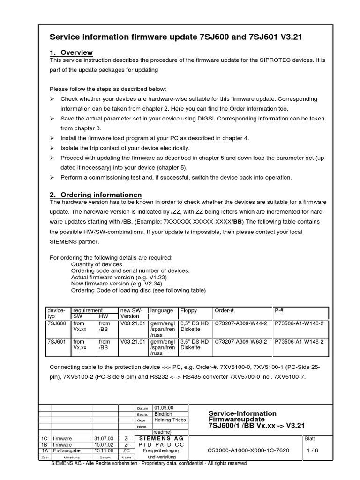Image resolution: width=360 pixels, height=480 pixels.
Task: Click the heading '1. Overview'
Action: pos(71,52)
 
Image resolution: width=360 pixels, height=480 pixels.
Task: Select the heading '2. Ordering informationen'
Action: pos(96,195)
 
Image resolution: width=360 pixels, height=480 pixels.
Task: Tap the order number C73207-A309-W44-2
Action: pos(240,323)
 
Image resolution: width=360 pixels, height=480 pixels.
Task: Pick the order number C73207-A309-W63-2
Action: pos(240,342)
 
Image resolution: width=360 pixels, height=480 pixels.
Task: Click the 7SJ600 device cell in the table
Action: pos(57,323)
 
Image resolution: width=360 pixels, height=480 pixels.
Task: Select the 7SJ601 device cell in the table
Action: pos(57,342)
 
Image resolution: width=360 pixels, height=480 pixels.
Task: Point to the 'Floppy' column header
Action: pos(189,310)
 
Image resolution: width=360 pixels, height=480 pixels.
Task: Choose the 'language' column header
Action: pos(161,310)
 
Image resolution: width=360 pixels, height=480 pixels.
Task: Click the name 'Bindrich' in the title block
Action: pos(163,414)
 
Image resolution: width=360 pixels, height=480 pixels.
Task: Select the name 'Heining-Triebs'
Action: pos(170,420)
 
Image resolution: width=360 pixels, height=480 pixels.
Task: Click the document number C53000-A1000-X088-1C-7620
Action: pos(248,450)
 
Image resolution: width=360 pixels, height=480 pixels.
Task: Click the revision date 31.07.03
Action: pos(103,438)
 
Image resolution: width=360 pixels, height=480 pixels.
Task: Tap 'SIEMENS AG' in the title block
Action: pos(162,438)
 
